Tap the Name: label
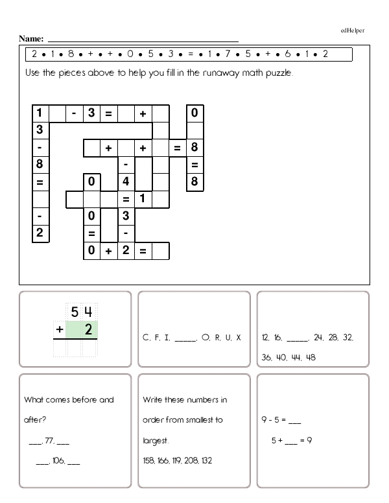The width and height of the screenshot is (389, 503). point(32,39)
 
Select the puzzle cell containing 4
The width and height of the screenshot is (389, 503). point(126,182)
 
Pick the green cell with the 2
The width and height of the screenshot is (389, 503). point(88,331)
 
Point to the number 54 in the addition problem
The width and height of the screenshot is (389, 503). point(81,312)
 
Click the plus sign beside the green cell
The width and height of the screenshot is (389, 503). point(59,331)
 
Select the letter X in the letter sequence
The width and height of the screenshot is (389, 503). point(239,338)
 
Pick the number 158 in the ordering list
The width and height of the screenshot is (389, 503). point(149,461)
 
